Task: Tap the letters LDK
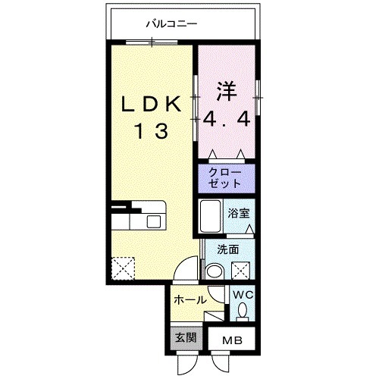tap(152, 105)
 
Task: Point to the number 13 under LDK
tap(152, 130)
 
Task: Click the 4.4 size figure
tap(226, 119)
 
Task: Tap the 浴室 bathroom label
tap(238, 213)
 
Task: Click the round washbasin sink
tap(215, 271)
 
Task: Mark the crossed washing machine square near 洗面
tap(242, 270)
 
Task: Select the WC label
tap(243, 294)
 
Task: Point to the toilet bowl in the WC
tap(243, 311)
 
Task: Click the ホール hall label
tap(189, 300)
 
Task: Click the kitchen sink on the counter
tap(155, 221)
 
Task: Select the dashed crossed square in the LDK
tap(122, 269)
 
